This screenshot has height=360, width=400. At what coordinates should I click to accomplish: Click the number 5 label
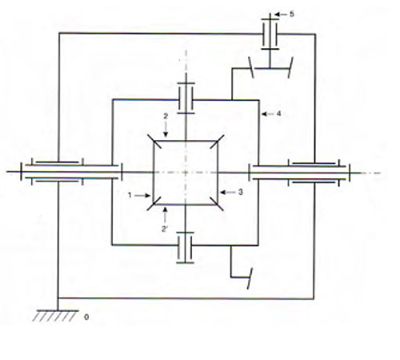[x=292, y=14]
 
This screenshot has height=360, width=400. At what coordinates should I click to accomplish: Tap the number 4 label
[x=278, y=114]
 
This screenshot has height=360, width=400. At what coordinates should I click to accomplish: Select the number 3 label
[x=241, y=192]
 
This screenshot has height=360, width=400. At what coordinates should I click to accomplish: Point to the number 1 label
[x=130, y=195]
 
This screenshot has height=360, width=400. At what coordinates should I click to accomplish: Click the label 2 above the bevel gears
[x=166, y=116]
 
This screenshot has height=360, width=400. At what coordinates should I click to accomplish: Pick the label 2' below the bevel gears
[x=164, y=229]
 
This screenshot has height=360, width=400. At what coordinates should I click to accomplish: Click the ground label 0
[x=86, y=318]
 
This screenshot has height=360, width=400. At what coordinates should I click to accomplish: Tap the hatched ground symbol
[x=55, y=315]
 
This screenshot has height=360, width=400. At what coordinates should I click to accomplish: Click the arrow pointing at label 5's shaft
[x=280, y=14]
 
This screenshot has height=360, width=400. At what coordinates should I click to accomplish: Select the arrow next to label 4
[x=268, y=114]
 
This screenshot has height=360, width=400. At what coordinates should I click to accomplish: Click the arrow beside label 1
[x=142, y=196]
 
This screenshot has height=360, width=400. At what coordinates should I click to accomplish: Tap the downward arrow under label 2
[x=166, y=130]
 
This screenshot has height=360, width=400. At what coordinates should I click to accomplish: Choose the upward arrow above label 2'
[x=165, y=215]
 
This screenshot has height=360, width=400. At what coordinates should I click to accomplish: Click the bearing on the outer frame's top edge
[x=270, y=34]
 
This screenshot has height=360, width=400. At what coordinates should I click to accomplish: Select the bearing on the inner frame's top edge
[x=186, y=98]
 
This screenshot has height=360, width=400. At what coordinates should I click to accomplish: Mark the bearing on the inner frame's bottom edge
[x=186, y=247]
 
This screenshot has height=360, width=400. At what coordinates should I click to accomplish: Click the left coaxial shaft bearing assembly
[x=71, y=172]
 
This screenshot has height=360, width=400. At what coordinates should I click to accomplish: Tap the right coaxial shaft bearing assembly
[x=299, y=173]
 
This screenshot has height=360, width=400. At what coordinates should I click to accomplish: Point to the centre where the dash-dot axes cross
[x=186, y=173]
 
